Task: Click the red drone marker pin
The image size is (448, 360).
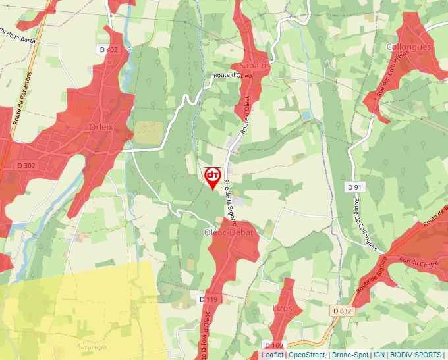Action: point(212,176)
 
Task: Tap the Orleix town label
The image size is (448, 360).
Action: point(101,126)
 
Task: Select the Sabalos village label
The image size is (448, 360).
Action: point(255,66)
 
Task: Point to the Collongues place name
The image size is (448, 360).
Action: point(408,47)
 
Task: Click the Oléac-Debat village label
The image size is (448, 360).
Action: point(229,233)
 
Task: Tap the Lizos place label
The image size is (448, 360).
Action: point(283,307)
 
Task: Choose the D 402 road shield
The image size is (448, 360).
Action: point(108,50)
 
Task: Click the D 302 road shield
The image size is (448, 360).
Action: point(24,165)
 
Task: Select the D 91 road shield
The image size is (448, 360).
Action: point(355,188)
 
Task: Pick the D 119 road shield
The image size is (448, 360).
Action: point(208,299)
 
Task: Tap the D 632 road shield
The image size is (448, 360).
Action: point(341,311)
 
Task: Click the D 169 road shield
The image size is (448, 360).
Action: point(273,345)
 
